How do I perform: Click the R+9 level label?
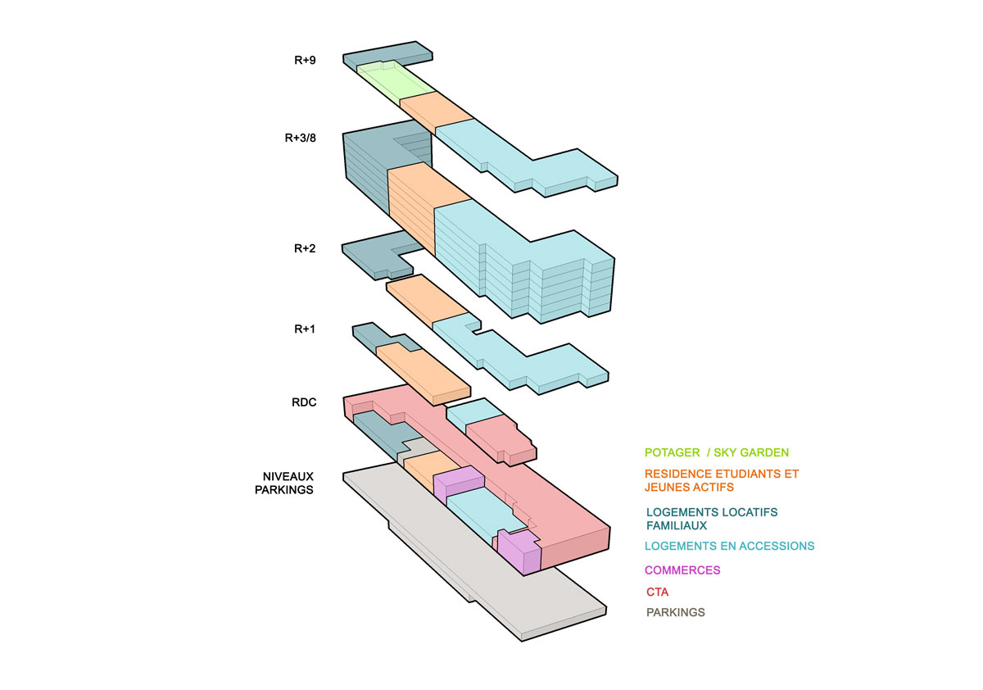(x=305, y=60)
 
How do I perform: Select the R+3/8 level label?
(x=300, y=138)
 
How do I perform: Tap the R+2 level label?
(x=305, y=248)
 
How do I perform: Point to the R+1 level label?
(x=305, y=329)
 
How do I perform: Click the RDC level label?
(x=304, y=402)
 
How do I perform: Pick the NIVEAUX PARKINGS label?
(x=284, y=483)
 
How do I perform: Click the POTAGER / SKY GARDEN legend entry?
(x=717, y=452)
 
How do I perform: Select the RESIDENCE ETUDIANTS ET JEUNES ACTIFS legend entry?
(x=722, y=480)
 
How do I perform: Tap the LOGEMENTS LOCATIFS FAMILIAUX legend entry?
(x=712, y=519)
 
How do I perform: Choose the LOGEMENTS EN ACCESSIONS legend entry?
(x=729, y=546)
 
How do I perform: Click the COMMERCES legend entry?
(x=682, y=570)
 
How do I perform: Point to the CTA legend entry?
(x=657, y=592)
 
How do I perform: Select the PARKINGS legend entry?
(x=675, y=612)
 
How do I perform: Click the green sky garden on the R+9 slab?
(x=395, y=82)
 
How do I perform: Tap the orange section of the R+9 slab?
(x=436, y=111)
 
